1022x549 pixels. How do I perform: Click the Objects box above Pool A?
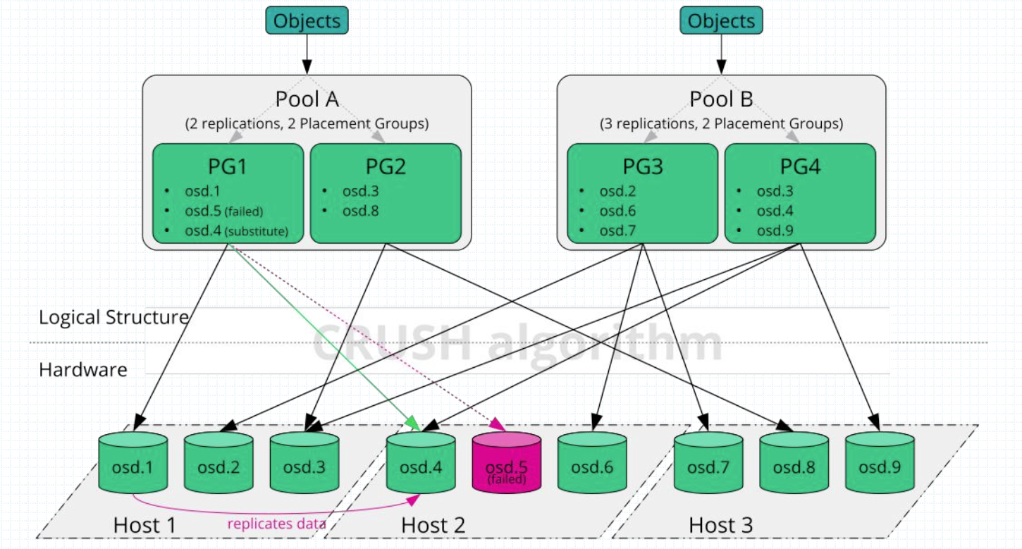pyautogui.click(x=307, y=20)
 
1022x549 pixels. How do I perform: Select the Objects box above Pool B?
pyautogui.click(x=721, y=20)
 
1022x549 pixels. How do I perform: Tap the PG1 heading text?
pyautogui.click(x=228, y=167)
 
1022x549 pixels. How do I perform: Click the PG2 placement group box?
pyautogui.click(x=386, y=193)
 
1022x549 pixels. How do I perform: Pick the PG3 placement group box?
pyautogui.click(x=642, y=193)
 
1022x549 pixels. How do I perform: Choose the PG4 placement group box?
pyautogui.click(x=800, y=193)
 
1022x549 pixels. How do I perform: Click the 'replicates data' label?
pyautogui.click(x=276, y=524)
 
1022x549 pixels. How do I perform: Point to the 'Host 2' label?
pyautogui.click(x=433, y=525)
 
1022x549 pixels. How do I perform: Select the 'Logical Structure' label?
pyautogui.click(x=113, y=317)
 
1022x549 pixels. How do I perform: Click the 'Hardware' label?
pyautogui.click(x=83, y=369)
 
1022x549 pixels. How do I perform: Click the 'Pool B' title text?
pyautogui.click(x=721, y=99)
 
